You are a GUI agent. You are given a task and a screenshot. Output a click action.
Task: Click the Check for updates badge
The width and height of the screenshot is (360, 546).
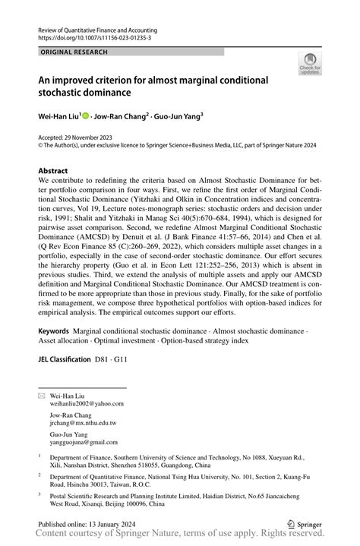310,64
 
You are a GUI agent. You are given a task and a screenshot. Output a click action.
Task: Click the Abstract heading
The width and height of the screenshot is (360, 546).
58,172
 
